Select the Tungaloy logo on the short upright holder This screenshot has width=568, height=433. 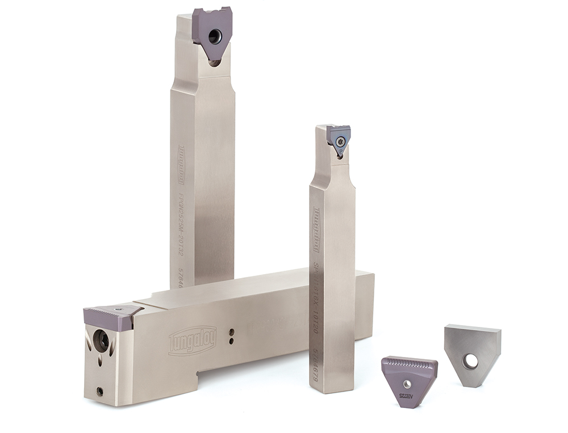[x=316, y=230]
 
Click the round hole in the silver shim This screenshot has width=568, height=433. [x=470, y=361]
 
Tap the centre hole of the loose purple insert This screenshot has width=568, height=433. [x=407, y=384]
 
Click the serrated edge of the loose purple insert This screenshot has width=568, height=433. [x=409, y=363]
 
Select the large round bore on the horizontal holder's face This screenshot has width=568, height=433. [x=101, y=341]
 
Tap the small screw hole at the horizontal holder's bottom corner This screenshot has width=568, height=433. [x=100, y=391]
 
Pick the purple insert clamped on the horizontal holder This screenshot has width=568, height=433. [x=111, y=317]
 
